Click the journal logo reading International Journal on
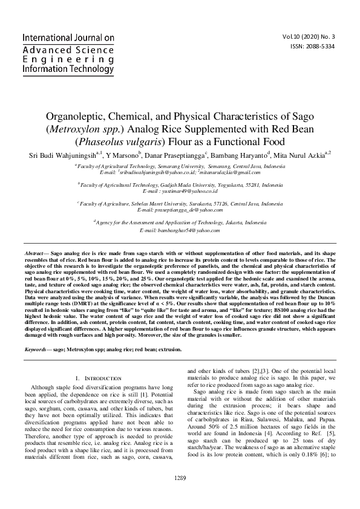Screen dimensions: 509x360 [68, 37]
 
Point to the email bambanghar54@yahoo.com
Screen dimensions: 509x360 [180, 230]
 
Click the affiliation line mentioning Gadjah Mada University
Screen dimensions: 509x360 [180, 184]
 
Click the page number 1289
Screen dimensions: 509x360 [180, 495]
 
